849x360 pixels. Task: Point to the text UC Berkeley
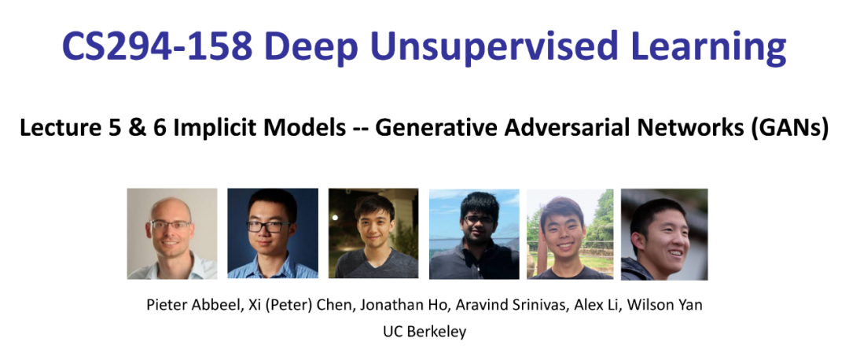(424, 331)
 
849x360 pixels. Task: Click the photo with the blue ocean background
(474, 234)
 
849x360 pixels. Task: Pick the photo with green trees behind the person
(570, 234)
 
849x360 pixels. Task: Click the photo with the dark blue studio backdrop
(272, 233)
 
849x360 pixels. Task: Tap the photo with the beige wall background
(172, 233)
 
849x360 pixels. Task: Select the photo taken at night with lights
(373, 233)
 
